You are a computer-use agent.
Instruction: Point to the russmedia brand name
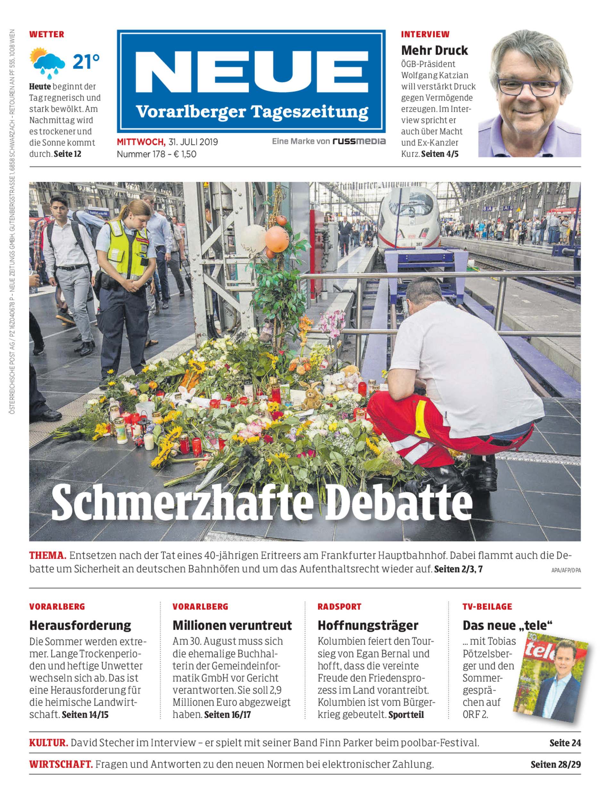359,141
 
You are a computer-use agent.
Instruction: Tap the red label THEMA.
47,555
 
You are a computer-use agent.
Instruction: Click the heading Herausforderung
80,625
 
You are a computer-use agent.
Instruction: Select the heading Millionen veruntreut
232,625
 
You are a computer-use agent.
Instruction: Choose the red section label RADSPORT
339,607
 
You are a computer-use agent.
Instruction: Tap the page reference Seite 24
565,743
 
